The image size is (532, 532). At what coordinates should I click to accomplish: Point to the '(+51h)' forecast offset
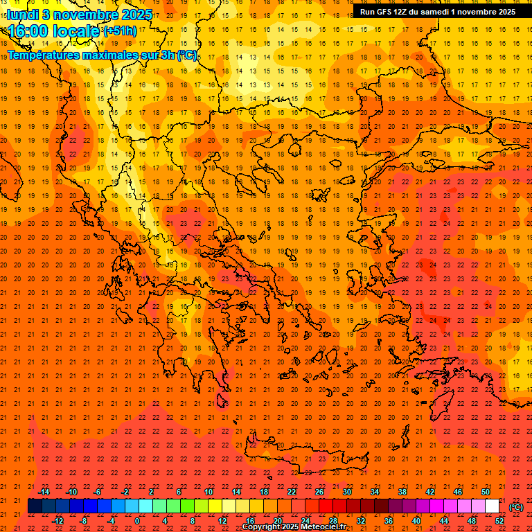(x=120, y=31)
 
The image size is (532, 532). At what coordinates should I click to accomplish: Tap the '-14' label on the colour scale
(x=44, y=492)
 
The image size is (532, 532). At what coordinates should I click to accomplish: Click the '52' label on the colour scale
(x=499, y=521)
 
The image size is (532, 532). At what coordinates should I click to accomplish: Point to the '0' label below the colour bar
(x=137, y=521)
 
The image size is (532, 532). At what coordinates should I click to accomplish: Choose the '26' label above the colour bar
(x=319, y=492)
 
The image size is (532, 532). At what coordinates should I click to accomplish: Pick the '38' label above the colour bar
(x=402, y=492)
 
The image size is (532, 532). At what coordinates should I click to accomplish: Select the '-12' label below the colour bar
(x=57, y=521)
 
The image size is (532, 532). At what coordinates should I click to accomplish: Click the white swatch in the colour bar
(x=493, y=506)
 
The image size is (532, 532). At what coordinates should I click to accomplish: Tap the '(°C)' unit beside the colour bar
(x=516, y=507)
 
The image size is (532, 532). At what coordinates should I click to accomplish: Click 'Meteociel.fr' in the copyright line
(x=323, y=528)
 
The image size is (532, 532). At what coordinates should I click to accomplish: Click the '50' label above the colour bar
(x=486, y=492)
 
